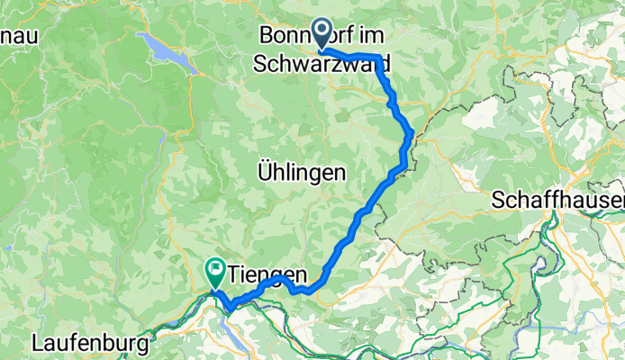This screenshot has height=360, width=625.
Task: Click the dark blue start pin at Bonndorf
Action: (x=321, y=36)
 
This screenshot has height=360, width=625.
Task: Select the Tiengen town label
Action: (x=268, y=272)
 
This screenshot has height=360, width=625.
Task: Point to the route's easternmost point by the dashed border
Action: (x=412, y=133)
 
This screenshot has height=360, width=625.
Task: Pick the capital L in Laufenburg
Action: (x=37, y=343)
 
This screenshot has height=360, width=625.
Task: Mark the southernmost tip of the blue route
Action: (x=230, y=310)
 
